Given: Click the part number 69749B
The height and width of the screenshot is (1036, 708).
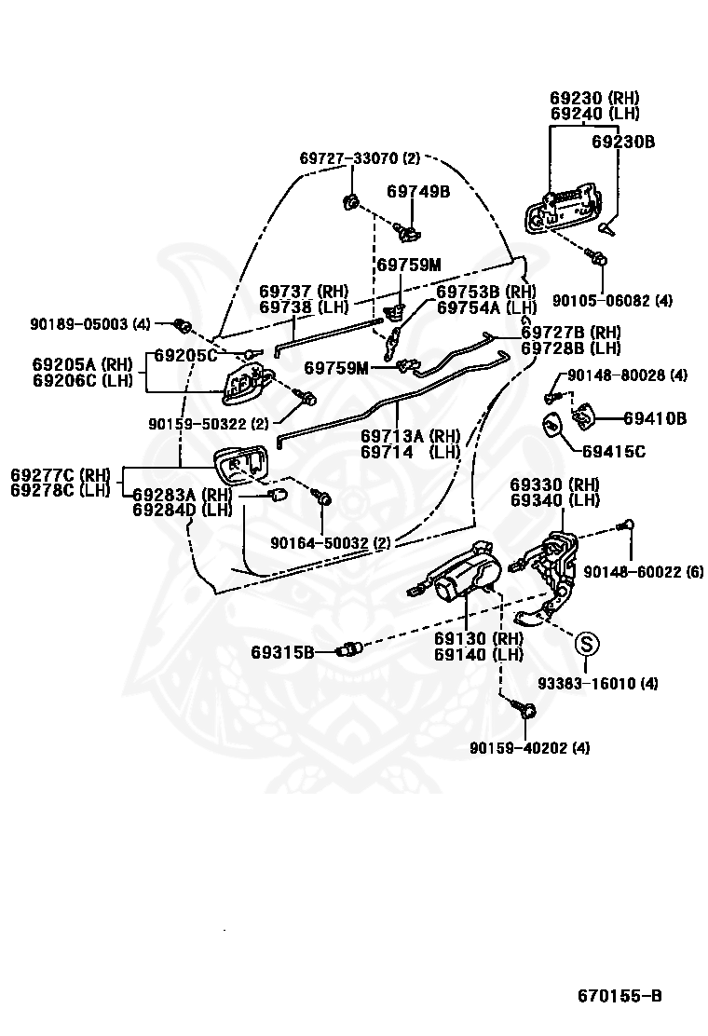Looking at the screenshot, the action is coord(418,192).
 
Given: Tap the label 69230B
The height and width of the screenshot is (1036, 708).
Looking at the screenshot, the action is coord(623,142).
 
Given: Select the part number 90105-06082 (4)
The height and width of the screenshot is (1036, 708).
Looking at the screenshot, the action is coord(612,301).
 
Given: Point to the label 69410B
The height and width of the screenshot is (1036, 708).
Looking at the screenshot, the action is coord(655,418).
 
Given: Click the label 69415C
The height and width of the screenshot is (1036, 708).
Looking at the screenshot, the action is coord(614,452).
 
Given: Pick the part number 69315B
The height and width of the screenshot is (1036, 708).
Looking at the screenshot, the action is coord(282,653).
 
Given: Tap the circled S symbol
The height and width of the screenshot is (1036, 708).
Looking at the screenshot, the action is coord(586,643).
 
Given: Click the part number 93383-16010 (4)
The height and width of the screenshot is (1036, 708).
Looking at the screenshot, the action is coord(597,683).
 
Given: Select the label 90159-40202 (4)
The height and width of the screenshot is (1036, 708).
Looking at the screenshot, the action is coord(530,748).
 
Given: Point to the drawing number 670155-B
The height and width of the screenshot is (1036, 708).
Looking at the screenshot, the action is coord(619,996).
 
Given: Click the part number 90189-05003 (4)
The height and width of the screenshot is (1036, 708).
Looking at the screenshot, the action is coord(89,324).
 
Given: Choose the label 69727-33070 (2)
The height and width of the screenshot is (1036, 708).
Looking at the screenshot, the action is coord(360,157).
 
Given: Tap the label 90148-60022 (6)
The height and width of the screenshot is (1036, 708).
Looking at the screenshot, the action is coord(644,571).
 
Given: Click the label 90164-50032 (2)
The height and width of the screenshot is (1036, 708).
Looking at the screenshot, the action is coord(330,543).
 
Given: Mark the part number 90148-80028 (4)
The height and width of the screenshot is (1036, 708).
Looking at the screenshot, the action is coord(627,375).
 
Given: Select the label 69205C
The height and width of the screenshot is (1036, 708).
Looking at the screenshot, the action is coord(185,356).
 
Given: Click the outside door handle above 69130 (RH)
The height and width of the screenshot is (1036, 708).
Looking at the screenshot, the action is coord(458,570).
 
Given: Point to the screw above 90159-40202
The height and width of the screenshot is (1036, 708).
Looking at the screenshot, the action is coord(527,710).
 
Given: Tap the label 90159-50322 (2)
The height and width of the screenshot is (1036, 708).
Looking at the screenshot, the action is coord(209,424).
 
